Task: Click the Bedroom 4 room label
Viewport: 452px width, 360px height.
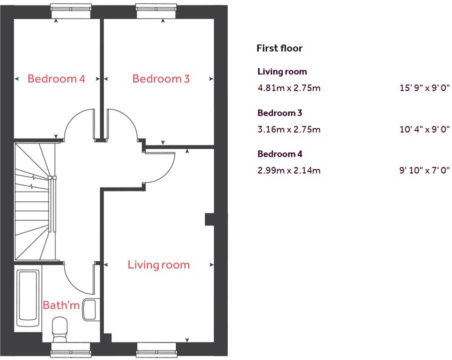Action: (56, 78)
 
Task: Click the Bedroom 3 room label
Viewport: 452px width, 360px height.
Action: (161, 78)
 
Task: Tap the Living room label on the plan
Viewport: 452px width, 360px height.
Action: (158, 264)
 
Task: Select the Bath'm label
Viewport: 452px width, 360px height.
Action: (61, 305)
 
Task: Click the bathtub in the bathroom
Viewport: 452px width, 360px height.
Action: (28, 298)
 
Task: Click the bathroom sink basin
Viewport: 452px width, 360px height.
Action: (90, 309)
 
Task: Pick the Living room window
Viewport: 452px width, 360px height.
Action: (156, 348)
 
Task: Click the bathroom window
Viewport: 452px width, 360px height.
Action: (70, 348)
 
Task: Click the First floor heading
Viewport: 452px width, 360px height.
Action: (279, 48)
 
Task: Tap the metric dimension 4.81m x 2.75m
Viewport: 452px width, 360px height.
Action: (289, 88)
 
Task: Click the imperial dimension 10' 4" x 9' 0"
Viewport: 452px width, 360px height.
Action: (425, 129)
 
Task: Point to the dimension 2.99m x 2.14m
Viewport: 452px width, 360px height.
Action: (289, 170)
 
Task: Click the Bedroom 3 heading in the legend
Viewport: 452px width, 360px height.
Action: (280, 112)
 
